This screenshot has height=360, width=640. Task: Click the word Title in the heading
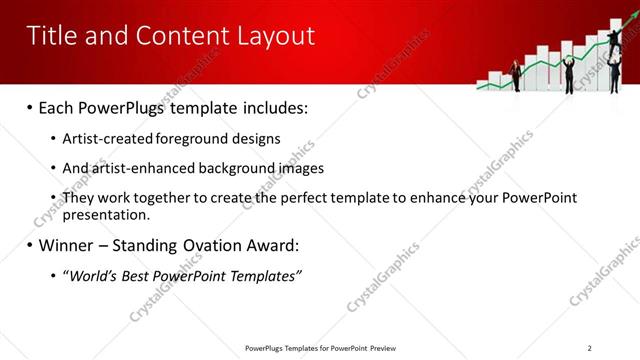tap(53, 36)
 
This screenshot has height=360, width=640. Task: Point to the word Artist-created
tap(102, 139)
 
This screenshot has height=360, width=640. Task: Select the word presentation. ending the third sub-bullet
tap(106, 214)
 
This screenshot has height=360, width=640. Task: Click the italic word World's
tap(94, 275)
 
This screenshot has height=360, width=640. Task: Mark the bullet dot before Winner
tap(30, 245)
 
